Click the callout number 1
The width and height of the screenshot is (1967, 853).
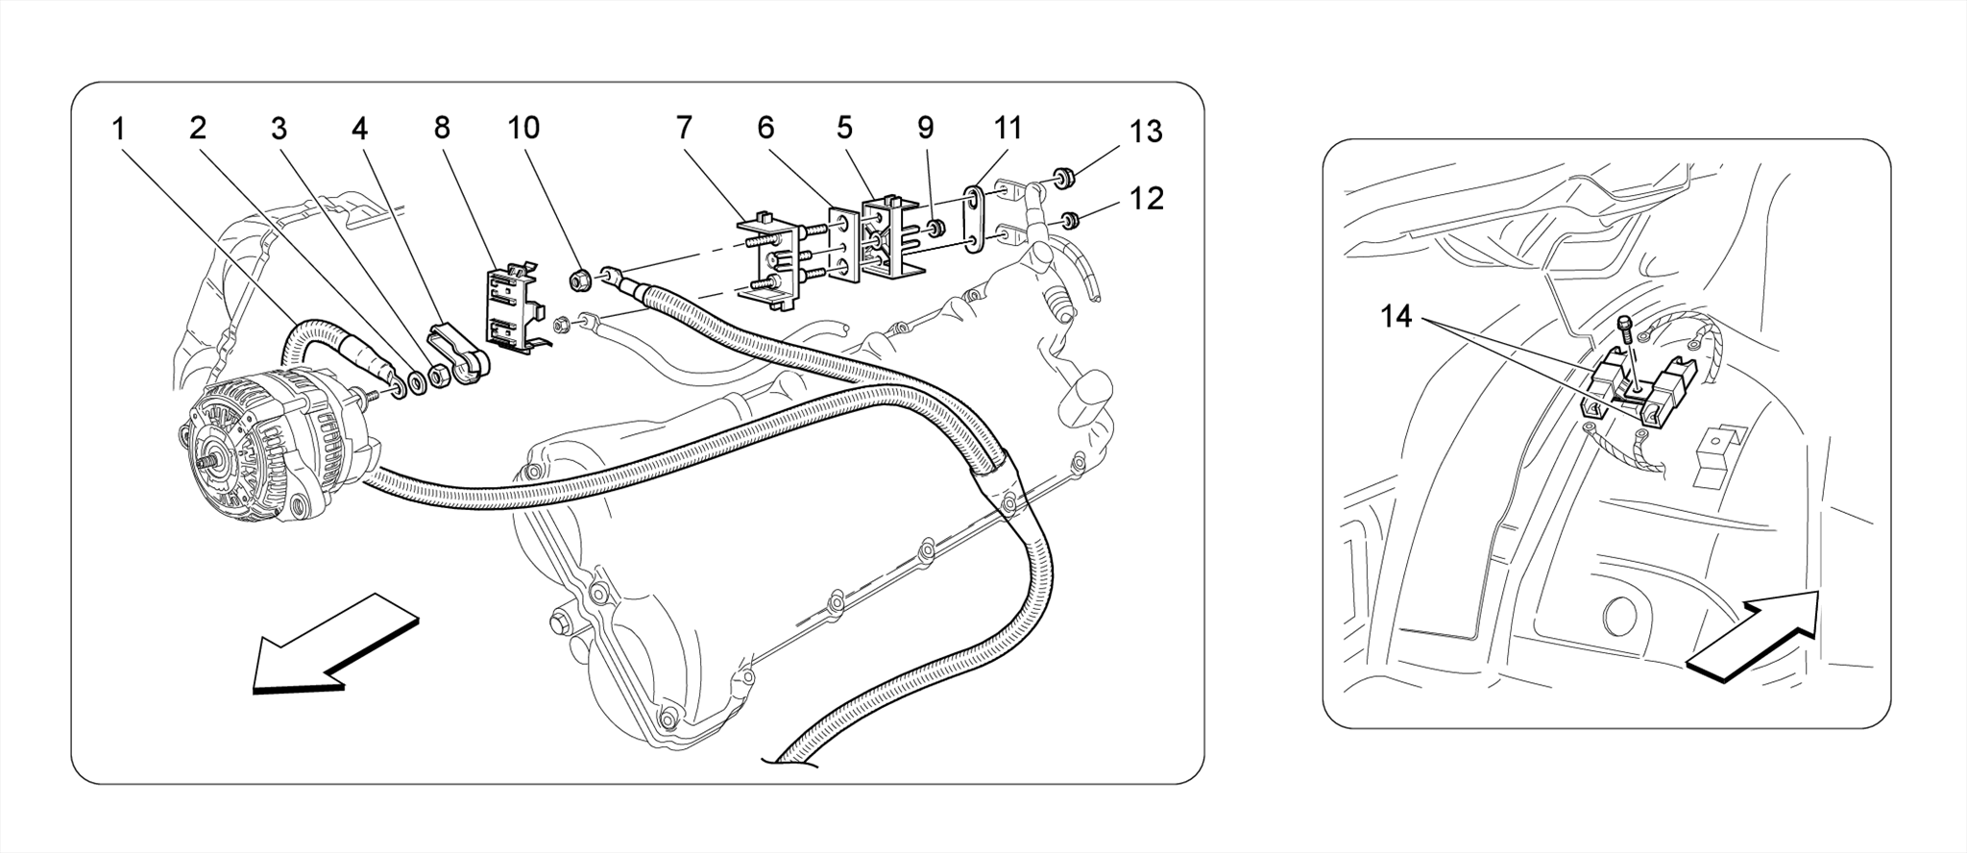click(118, 129)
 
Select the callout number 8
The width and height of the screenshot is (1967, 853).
click(442, 128)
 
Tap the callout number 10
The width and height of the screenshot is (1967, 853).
click(523, 128)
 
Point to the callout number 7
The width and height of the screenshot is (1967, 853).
click(684, 128)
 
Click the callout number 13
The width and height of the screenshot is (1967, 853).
click(1146, 131)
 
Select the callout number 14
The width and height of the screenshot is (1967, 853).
click(1397, 315)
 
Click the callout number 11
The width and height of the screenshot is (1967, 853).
click(1008, 128)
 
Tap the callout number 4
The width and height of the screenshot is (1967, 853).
click(360, 128)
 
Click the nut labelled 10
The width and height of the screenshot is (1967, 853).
click(579, 280)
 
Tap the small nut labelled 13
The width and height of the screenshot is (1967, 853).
click(1063, 178)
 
